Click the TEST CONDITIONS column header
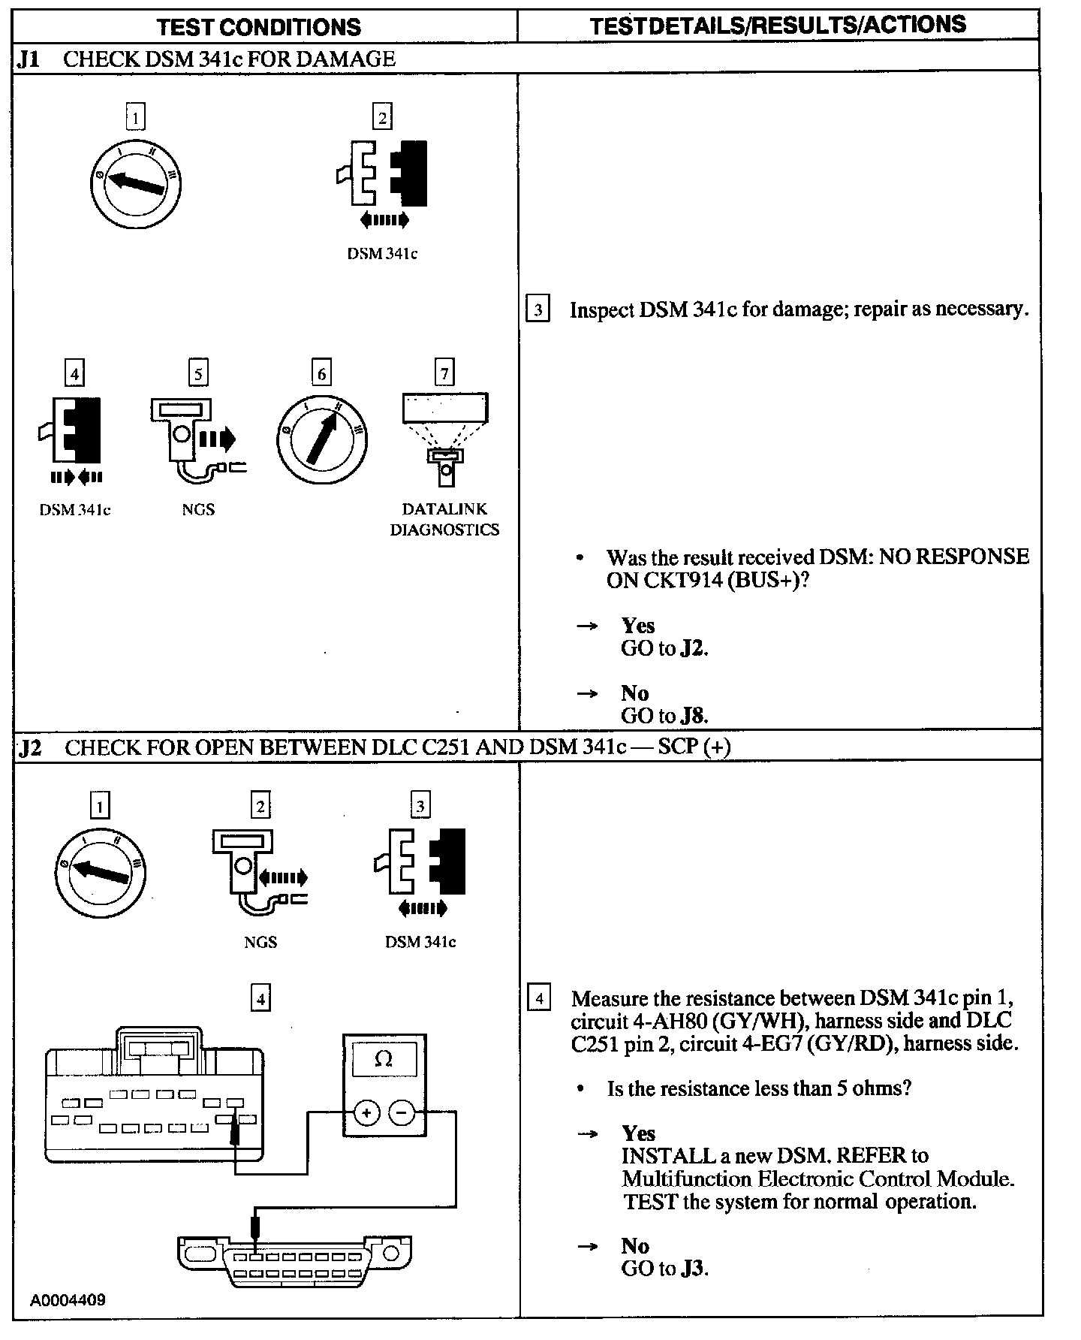(259, 27)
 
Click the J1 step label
(29, 59)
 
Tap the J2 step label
(30, 747)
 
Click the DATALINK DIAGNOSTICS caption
(444, 519)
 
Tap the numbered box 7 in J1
(444, 373)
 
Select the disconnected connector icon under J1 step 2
(382, 174)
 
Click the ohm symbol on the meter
(383, 1059)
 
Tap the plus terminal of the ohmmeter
(366, 1112)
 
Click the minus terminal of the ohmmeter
(402, 1112)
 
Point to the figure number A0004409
(68, 1299)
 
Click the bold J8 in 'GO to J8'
(693, 716)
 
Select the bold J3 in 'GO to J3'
(694, 1269)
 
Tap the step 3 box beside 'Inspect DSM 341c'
(537, 309)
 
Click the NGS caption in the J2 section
(260, 942)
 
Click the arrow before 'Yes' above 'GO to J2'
(587, 626)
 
